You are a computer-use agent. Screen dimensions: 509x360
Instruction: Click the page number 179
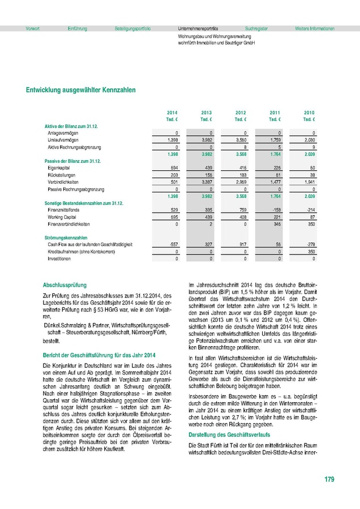click(329, 480)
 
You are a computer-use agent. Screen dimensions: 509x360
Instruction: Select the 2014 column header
click(172, 113)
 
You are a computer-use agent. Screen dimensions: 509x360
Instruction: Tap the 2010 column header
click(309, 113)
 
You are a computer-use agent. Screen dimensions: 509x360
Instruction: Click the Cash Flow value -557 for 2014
click(173, 244)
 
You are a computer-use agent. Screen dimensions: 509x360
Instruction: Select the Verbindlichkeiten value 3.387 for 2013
click(207, 182)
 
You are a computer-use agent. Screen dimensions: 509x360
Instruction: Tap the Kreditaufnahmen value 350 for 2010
click(310, 251)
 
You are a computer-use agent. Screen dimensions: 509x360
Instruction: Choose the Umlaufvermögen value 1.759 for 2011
click(275, 139)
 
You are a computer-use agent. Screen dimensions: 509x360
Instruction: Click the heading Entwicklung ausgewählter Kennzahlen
click(80, 90)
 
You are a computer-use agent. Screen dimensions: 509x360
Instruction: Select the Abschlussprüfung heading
click(65, 285)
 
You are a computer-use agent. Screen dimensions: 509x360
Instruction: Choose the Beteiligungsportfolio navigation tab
click(132, 28)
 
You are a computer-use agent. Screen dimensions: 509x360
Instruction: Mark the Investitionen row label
click(59, 258)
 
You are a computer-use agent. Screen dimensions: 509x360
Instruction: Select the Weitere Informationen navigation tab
click(315, 28)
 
